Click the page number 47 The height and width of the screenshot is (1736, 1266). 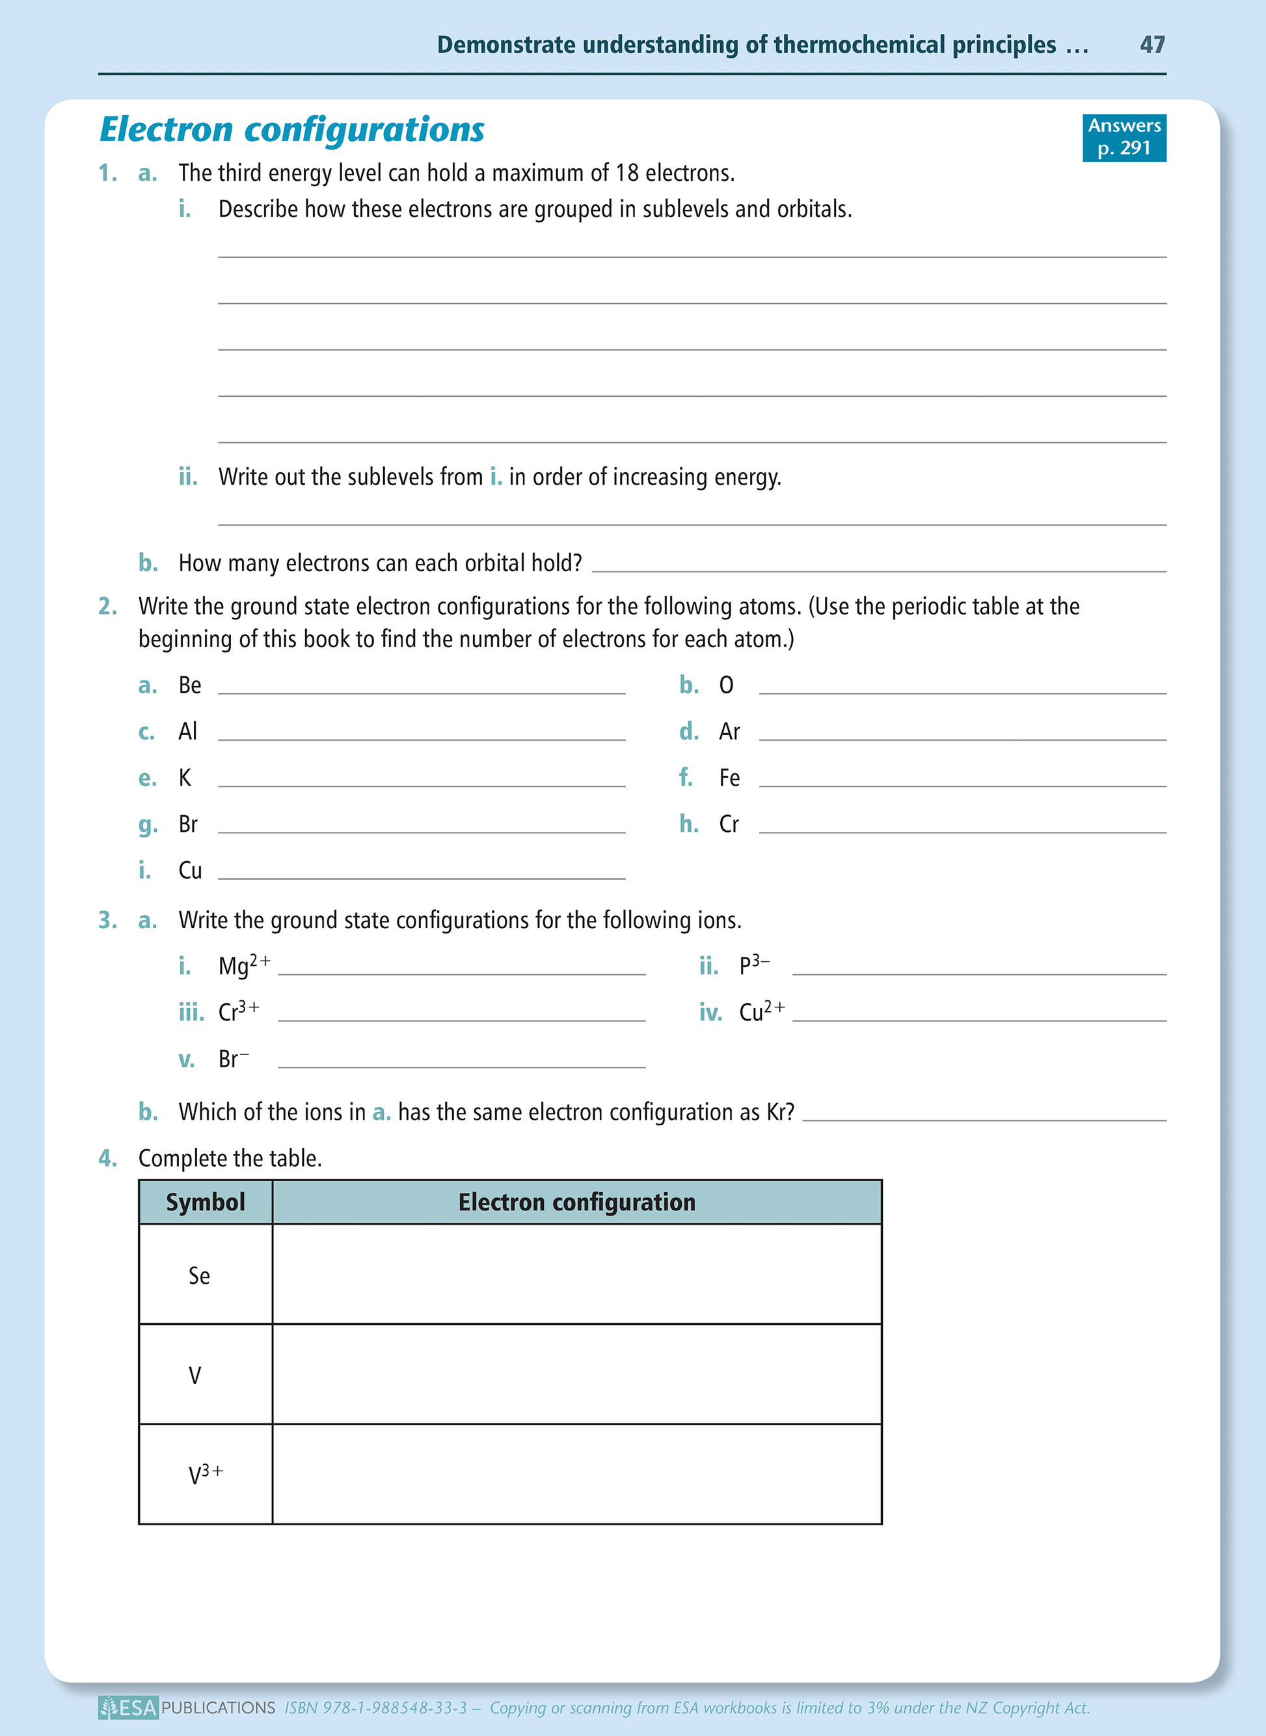click(x=1152, y=44)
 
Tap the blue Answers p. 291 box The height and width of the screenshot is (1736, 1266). click(x=1124, y=137)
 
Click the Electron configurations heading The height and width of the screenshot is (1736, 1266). click(x=292, y=129)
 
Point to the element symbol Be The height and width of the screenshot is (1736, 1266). click(x=189, y=685)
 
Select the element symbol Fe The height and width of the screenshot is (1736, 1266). click(x=729, y=778)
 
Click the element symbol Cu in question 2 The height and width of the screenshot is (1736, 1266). click(x=190, y=870)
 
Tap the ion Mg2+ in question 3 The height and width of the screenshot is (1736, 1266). click(x=244, y=965)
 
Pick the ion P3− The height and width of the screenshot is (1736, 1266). click(x=754, y=965)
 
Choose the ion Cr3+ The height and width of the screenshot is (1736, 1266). click(x=238, y=1011)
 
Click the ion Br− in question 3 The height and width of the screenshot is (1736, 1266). click(x=233, y=1059)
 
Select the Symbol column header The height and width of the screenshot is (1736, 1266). click(x=206, y=1202)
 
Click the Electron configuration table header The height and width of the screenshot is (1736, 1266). click(x=576, y=1202)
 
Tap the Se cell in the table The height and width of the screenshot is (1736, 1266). click(x=199, y=1275)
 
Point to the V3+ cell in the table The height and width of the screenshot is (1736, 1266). click(x=206, y=1474)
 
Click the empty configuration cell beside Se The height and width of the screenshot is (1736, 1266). click(x=576, y=1274)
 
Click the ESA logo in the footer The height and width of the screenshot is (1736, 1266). click(x=129, y=1707)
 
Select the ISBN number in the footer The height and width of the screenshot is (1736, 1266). click(x=375, y=1707)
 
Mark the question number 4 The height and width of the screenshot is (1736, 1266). click(x=107, y=1158)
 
